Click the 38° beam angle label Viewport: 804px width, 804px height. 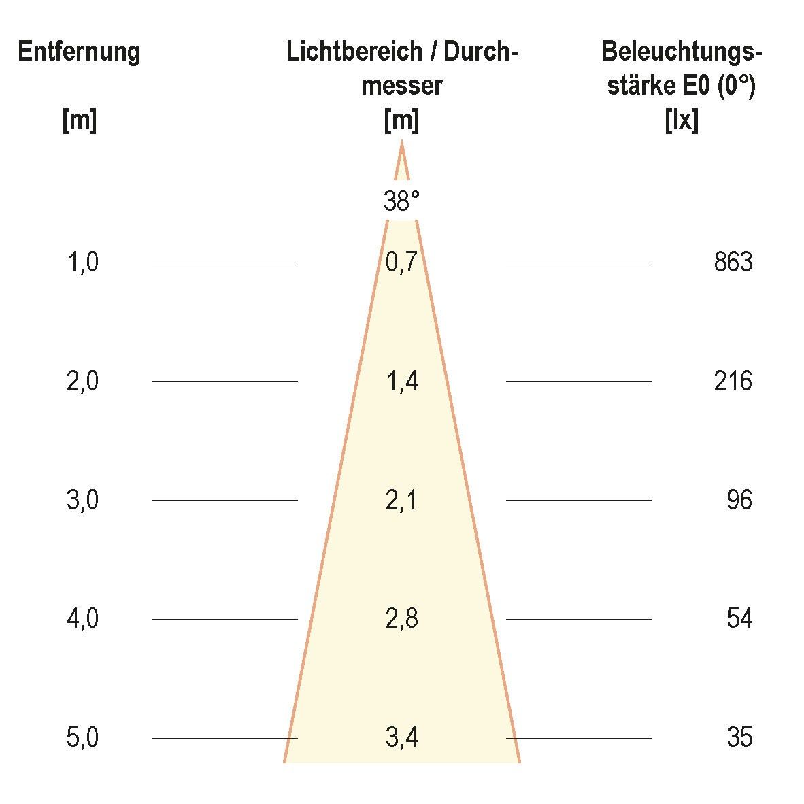[x=401, y=202]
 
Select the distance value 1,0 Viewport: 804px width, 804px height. [x=83, y=263]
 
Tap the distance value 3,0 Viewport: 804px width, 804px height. [x=83, y=501]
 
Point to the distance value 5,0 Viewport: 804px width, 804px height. [x=83, y=738]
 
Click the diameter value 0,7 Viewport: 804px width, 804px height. [x=401, y=263]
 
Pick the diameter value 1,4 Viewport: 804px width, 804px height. [x=401, y=382]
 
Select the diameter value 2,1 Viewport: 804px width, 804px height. [x=401, y=501]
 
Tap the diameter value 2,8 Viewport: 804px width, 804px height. [x=401, y=619]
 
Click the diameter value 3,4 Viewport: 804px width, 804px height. [x=401, y=738]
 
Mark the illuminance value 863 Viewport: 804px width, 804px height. [x=733, y=263]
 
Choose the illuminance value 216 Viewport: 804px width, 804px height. [x=733, y=382]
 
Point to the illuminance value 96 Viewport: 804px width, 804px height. [x=739, y=501]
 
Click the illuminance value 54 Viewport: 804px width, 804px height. [x=739, y=619]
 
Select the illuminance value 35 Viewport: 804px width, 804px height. [x=739, y=738]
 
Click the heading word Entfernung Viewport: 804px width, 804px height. [x=79, y=52]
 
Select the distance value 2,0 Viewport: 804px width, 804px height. [x=83, y=382]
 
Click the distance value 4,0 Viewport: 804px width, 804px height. [x=83, y=619]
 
